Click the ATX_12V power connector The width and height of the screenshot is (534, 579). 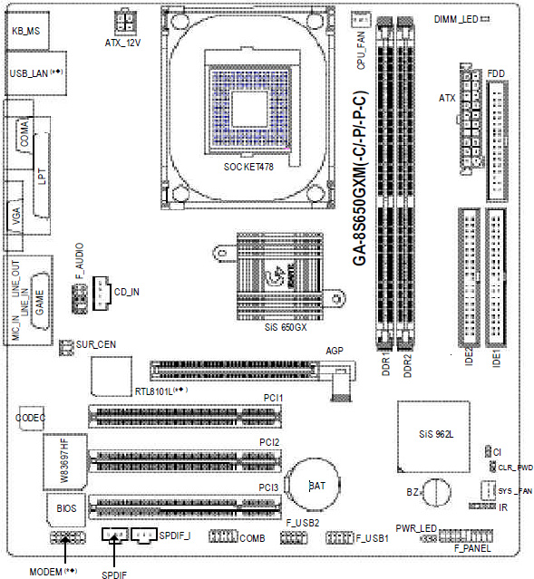point(125,22)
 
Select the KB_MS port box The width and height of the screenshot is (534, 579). point(27,31)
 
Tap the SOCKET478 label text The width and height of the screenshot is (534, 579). point(248,167)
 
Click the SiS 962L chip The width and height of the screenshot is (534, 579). point(434,437)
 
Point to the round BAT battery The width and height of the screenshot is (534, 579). point(314,485)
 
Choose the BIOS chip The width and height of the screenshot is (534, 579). point(66,509)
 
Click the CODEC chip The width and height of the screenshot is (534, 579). point(32,418)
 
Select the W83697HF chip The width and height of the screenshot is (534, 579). point(65,462)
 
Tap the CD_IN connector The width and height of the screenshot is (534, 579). point(102,294)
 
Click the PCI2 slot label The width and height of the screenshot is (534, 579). point(269,442)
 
